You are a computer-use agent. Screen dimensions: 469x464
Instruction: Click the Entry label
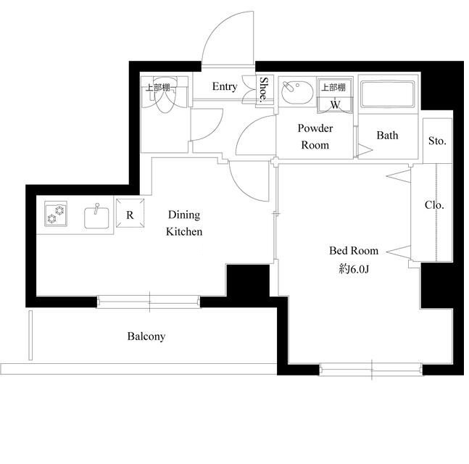pos(225,86)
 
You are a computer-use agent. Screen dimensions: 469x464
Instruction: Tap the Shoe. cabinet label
pos(264,88)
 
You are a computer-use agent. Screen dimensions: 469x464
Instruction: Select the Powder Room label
pos(315,137)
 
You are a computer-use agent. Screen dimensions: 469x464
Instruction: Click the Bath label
pos(387,136)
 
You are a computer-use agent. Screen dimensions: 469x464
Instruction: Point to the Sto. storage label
pos(437,141)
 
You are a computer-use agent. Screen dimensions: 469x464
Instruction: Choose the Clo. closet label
pos(434,205)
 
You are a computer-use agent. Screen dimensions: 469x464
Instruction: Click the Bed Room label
pos(354,251)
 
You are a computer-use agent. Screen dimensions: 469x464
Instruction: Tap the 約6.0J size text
pos(354,269)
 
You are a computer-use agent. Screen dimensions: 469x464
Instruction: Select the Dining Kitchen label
pos(184,223)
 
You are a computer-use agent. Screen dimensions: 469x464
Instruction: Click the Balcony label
pos(146,336)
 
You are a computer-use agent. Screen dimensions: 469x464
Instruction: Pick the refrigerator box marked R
pos(130,213)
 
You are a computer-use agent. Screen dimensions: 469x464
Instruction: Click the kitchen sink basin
pos(96,217)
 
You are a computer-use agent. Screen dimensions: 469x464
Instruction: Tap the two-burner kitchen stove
pos(56,214)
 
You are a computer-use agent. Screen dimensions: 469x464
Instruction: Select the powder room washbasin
pos(297,91)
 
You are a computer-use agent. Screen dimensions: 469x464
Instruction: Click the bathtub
pos(388,94)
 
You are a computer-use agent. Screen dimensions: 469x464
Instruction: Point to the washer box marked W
pos(335,104)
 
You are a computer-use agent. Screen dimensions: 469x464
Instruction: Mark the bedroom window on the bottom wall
pos(371,369)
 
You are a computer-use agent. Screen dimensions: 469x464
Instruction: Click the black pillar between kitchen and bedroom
pos(248,281)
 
